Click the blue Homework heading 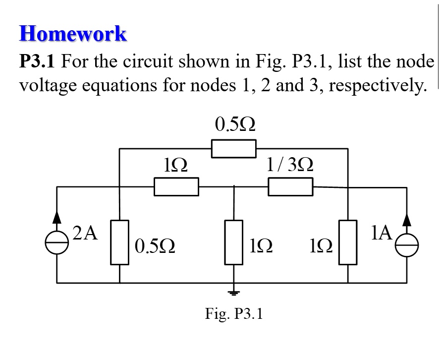point(73,34)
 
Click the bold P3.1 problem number point(37,62)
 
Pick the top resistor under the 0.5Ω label point(234,149)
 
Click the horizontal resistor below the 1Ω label point(176,187)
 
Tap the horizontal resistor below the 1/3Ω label point(290,187)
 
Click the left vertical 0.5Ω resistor point(119,242)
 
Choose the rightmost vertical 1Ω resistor point(348,242)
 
